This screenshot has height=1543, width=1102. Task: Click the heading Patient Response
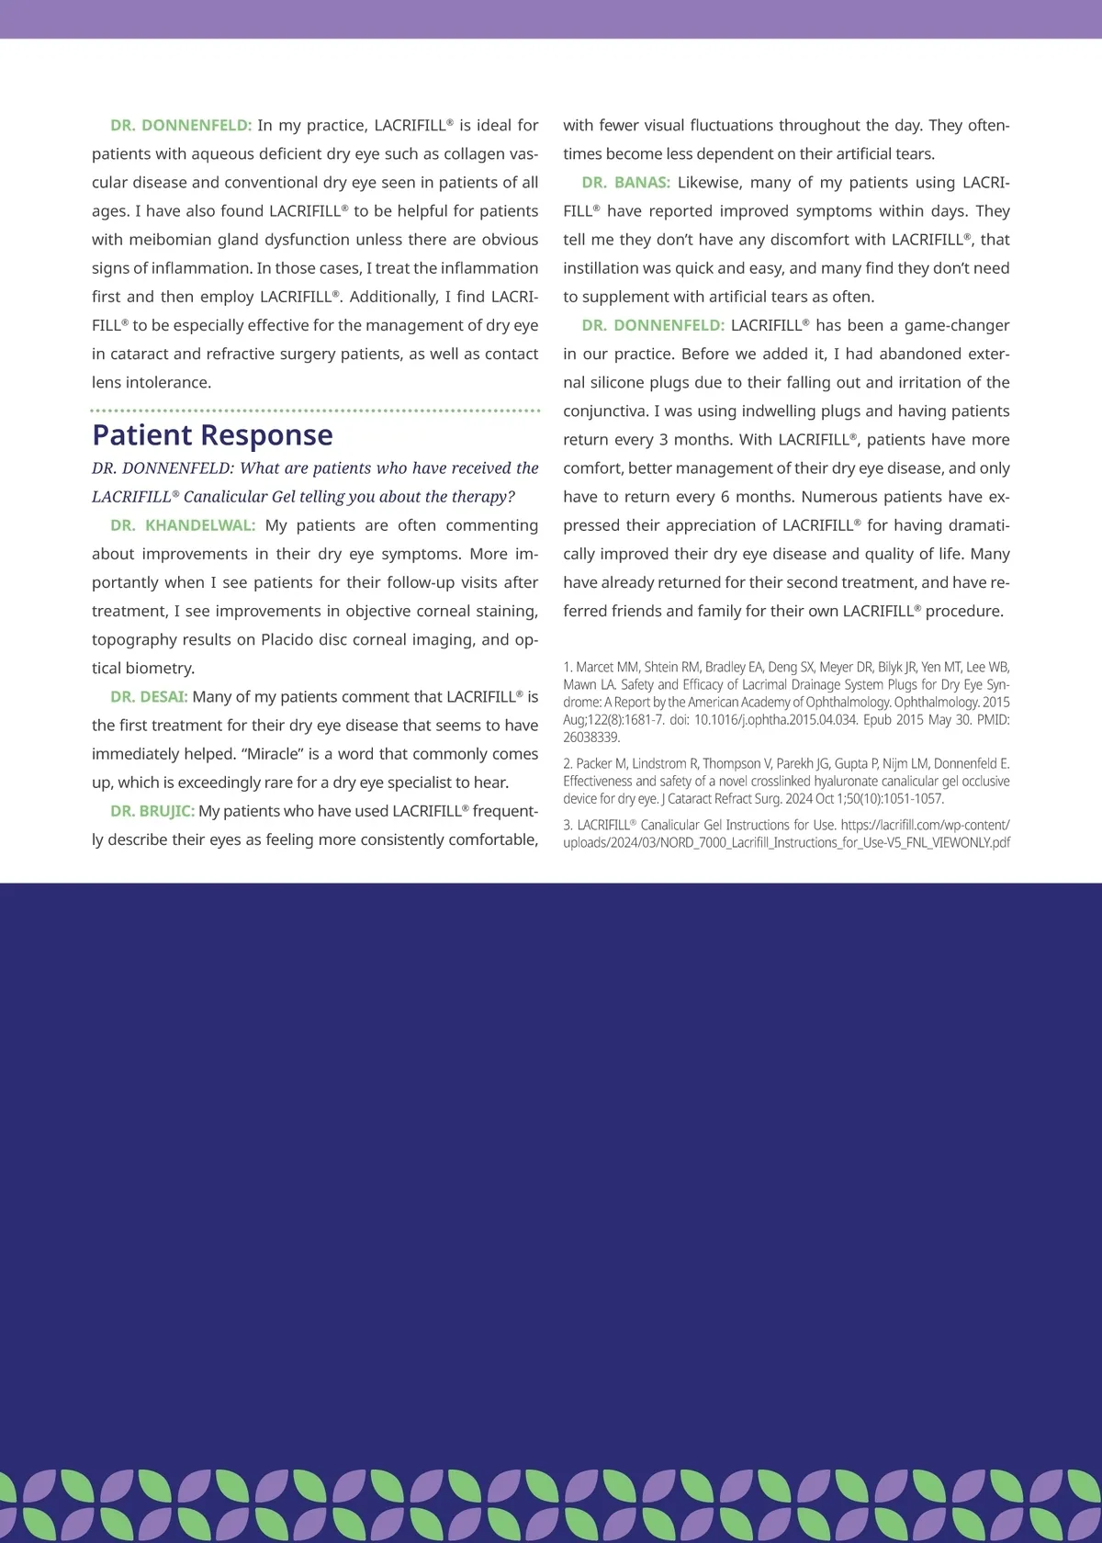pos(212,435)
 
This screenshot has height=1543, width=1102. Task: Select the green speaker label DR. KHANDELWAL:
pos(183,525)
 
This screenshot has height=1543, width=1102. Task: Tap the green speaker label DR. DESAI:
pos(149,697)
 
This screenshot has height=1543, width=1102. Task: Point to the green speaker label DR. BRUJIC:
pos(152,811)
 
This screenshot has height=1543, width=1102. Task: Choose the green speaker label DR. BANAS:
pos(625,183)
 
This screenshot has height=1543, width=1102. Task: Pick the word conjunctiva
pos(609,411)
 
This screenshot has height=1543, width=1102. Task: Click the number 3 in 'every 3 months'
pos(664,440)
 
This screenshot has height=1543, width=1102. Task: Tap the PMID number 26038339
pos(590,738)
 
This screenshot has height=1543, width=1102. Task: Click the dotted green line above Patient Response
pos(315,411)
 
